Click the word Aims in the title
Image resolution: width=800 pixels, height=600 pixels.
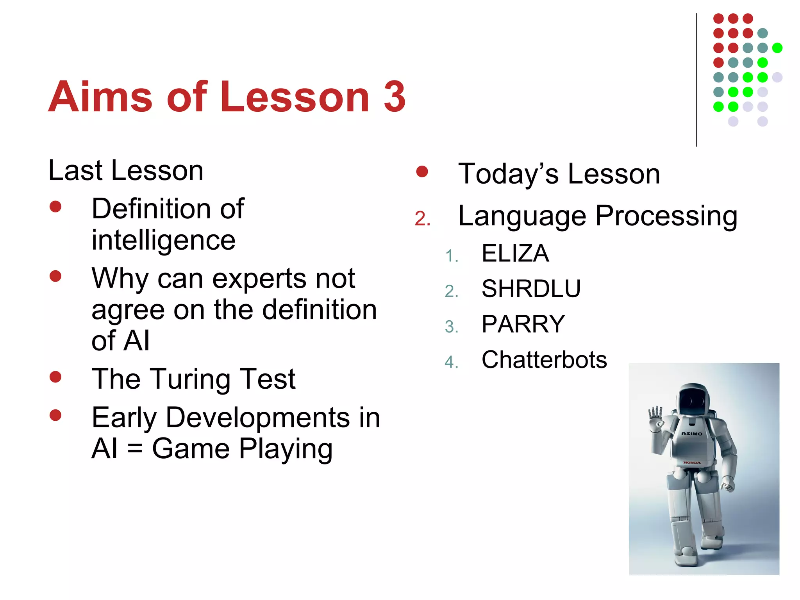click(100, 96)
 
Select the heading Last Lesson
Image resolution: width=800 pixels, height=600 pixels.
click(126, 171)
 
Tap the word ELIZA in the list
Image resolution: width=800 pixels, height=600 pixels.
click(515, 254)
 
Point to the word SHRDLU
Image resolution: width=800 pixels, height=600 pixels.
click(531, 289)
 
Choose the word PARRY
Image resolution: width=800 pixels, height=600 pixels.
click(523, 324)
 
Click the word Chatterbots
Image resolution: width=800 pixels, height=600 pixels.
click(544, 360)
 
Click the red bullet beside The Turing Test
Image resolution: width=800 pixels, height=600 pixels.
click(55, 377)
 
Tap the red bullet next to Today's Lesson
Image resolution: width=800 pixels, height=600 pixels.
click(422, 171)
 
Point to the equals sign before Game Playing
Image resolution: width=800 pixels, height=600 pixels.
click(134, 449)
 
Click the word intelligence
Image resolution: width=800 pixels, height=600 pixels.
click(163, 240)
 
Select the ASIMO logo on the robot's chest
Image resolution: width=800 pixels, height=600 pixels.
click(691, 434)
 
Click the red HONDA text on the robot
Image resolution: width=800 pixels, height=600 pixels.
click(692, 463)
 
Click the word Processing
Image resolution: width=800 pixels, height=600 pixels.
click(666, 216)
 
